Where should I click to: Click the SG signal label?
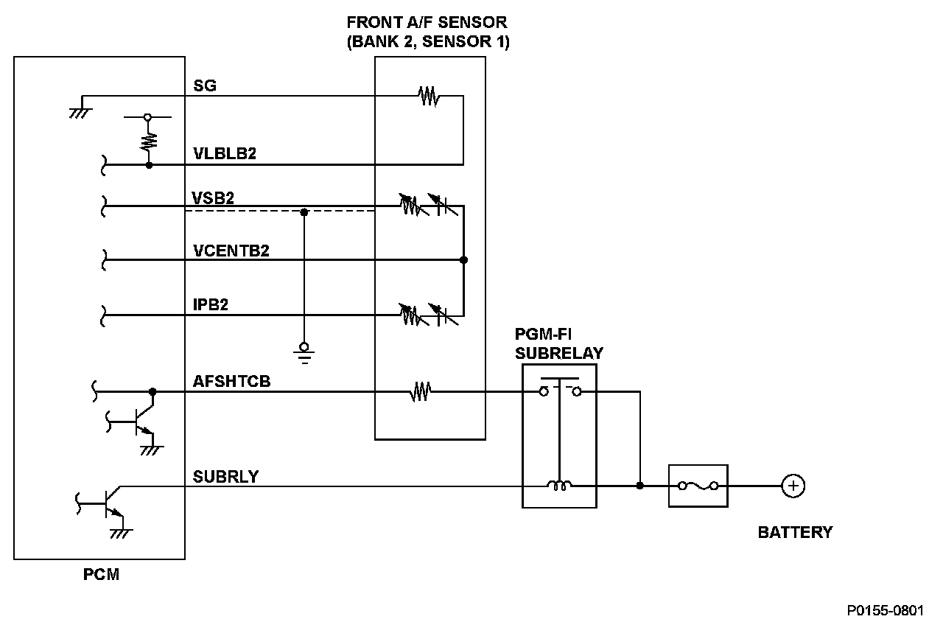tap(204, 85)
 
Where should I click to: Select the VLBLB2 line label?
tap(224, 155)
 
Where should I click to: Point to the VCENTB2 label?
tap(231, 251)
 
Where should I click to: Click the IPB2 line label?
tap(210, 304)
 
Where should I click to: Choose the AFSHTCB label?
tap(231, 382)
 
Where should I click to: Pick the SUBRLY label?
tap(225, 477)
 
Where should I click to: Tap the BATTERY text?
tap(795, 532)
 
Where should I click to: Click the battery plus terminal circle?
tap(793, 486)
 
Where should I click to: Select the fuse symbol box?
tap(698, 486)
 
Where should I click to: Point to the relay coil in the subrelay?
tap(558, 486)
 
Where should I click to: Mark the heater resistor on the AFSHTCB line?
tap(420, 391)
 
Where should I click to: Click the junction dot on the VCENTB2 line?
tap(463, 260)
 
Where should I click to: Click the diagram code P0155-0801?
tap(884, 610)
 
